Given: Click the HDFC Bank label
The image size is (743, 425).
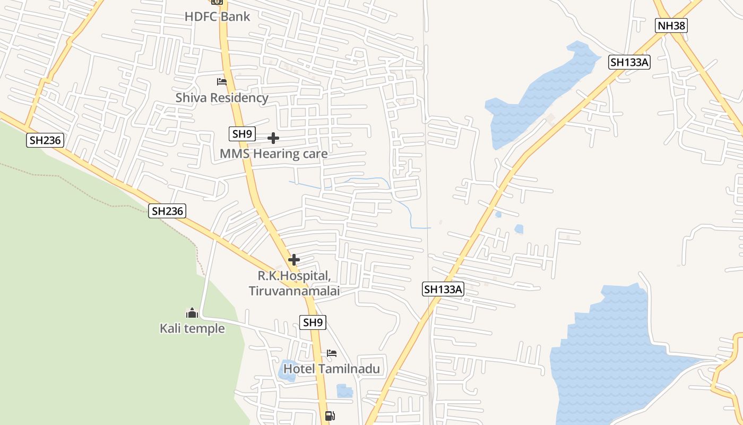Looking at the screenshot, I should (217, 16).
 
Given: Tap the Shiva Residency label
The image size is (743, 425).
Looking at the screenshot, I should (222, 98).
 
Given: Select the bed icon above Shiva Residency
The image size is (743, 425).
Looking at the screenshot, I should (222, 82).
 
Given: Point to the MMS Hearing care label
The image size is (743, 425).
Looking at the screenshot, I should (273, 154).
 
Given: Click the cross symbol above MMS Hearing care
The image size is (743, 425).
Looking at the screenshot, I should (273, 138).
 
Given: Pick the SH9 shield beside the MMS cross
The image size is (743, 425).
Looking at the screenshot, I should (242, 134).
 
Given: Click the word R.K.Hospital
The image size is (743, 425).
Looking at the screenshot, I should (294, 276).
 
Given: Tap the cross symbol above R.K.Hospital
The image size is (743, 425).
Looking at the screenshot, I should (294, 260).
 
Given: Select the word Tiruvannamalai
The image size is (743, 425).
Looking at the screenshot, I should (294, 291).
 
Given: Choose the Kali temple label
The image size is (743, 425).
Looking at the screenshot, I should (192, 328).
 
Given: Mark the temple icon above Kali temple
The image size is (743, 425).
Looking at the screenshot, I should (192, 313).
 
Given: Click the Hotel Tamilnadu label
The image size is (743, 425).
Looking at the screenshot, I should (332, 368).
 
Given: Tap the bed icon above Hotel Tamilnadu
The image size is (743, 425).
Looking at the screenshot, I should (332, 353).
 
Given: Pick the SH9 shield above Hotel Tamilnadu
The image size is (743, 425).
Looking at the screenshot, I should (313, 322).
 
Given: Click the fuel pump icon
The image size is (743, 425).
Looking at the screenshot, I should (330, 415).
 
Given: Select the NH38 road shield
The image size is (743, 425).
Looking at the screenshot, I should (671, 25).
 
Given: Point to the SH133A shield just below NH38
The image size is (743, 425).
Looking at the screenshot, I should (629, 62).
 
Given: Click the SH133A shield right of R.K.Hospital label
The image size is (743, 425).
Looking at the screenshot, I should (444, 290).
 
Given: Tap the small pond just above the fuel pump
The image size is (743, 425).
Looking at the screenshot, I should (344, 391).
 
